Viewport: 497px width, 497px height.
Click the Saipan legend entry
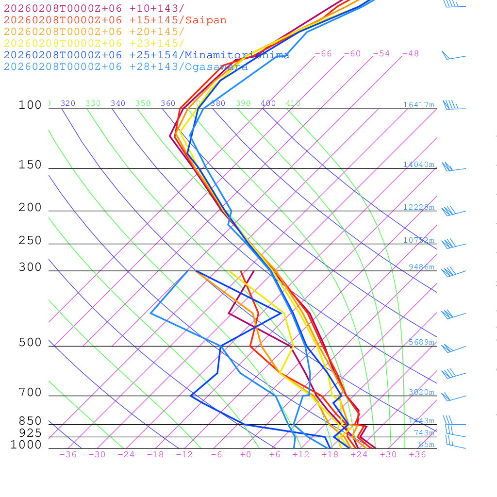(x=115, y=20)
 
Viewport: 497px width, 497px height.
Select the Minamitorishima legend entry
(x=147, y=55)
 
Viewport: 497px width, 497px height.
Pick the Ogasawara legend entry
(x=126, y=67)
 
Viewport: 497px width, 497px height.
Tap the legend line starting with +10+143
(x=94, y=9)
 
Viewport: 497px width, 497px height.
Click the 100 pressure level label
(x=30, y=105)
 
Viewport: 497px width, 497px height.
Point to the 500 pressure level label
(x=30, y=343)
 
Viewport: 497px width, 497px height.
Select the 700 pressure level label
(x=30, y=393)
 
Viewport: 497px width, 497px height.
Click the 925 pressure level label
(x=30, y=433)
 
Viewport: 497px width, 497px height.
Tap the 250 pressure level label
(x=30, y=241)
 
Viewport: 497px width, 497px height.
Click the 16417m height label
(x=419, y=105)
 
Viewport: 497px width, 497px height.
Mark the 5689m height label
(x=421, y=342)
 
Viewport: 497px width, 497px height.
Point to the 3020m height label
(x=421, y=392)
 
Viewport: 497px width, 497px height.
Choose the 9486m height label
(x=421, y=267)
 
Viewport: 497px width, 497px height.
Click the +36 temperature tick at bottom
(x=417, y=455)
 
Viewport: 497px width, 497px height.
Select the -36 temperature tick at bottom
(x=68, y=455)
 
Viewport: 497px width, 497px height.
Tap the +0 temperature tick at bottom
(x=246, y=455)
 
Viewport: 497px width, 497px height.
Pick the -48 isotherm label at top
(x=410, y=54)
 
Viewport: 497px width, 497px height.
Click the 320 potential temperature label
(x=68, y=103)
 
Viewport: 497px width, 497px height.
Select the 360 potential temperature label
(x=168, y=103)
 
